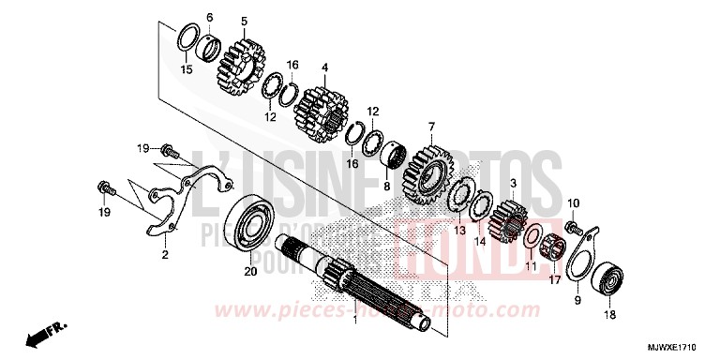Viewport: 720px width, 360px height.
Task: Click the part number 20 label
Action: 249,272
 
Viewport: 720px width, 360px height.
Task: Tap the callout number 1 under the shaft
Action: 355,321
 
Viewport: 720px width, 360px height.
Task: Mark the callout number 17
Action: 554,277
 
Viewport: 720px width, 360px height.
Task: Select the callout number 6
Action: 209,18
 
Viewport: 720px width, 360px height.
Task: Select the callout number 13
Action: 460,230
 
